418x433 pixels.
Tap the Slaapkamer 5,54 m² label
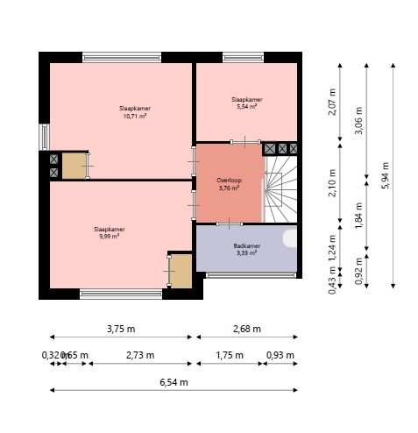pos(245,103)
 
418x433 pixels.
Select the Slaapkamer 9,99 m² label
pos(107,232)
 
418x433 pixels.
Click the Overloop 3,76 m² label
pos(229,183)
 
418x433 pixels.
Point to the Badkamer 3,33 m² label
pos(245,250)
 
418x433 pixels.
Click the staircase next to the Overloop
pos(280,188)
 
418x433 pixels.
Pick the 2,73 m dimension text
pos(138,355)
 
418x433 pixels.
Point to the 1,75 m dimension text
pos(229,355)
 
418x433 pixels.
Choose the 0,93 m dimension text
pos(280,355)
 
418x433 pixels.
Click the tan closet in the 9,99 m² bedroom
pos(181,271)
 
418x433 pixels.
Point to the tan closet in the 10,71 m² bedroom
pos(74,165)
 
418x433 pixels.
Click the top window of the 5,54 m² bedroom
pos(244,58)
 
